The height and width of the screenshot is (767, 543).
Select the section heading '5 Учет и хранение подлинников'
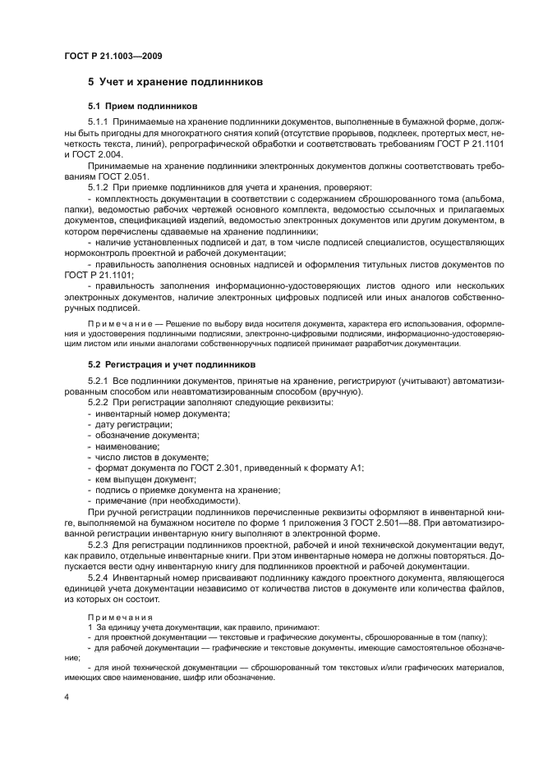(174, 83)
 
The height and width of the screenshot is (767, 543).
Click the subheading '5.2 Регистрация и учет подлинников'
(173, 363)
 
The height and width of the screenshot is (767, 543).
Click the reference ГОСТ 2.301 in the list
(218, 468)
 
